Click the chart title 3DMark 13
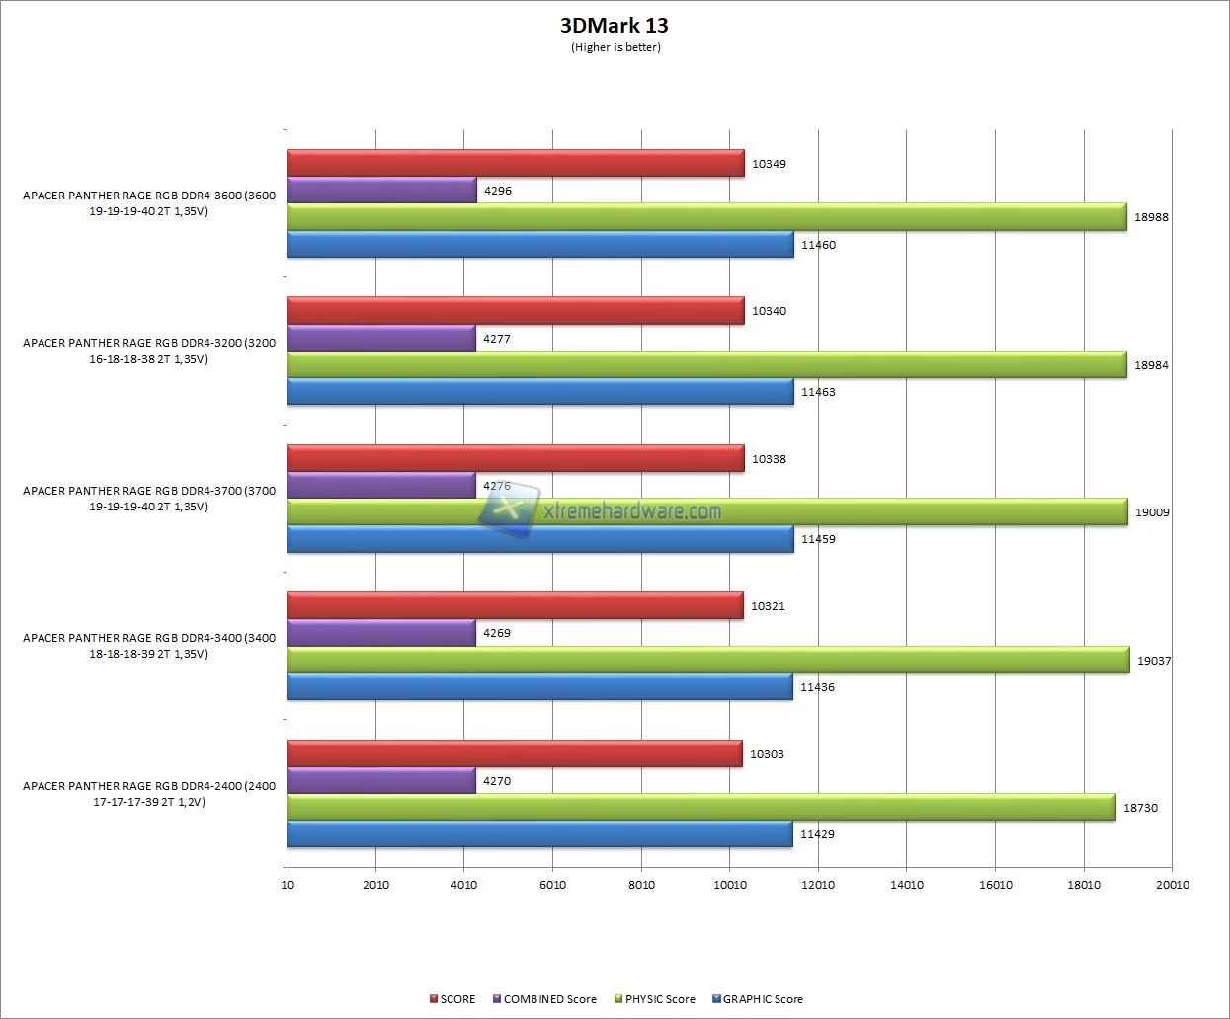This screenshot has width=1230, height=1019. point(615,26)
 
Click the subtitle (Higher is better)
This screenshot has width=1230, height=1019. point(615,47)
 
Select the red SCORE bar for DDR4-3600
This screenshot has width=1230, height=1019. point(515,164)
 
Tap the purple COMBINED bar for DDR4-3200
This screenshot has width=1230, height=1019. point(381,339)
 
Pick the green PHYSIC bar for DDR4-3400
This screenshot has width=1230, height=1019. point(707,660)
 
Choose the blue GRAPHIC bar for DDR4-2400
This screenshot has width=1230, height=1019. point(539,834)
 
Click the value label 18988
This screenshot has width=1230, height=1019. point(1151,217)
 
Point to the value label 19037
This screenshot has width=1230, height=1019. point(1154,661)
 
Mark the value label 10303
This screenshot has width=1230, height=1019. point(767,754)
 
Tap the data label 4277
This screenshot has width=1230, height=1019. point(497,339)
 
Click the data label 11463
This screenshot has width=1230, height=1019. point(818,392)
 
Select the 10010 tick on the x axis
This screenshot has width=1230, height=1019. point(730,885)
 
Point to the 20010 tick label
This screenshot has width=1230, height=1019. point(1173,885)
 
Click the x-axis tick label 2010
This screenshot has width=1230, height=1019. point(375,885)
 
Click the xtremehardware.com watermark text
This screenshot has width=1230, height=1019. point(632,511)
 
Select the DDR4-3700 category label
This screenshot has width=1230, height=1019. point(149,499)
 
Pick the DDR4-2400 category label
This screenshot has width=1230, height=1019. point(149,794)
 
